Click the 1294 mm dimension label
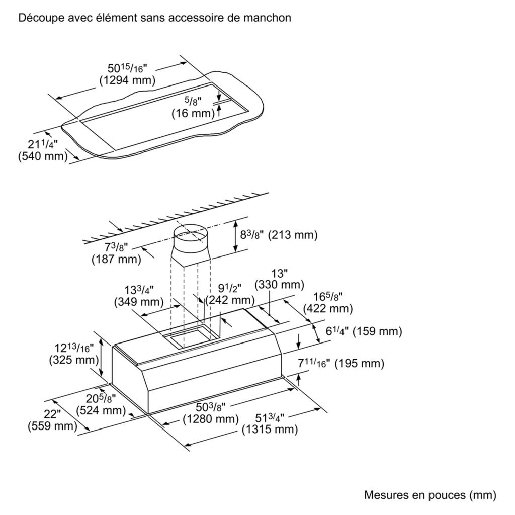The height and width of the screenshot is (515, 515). point(127,79)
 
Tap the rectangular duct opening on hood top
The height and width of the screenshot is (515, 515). point(189,334)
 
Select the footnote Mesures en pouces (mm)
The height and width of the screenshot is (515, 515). point(430,495)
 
